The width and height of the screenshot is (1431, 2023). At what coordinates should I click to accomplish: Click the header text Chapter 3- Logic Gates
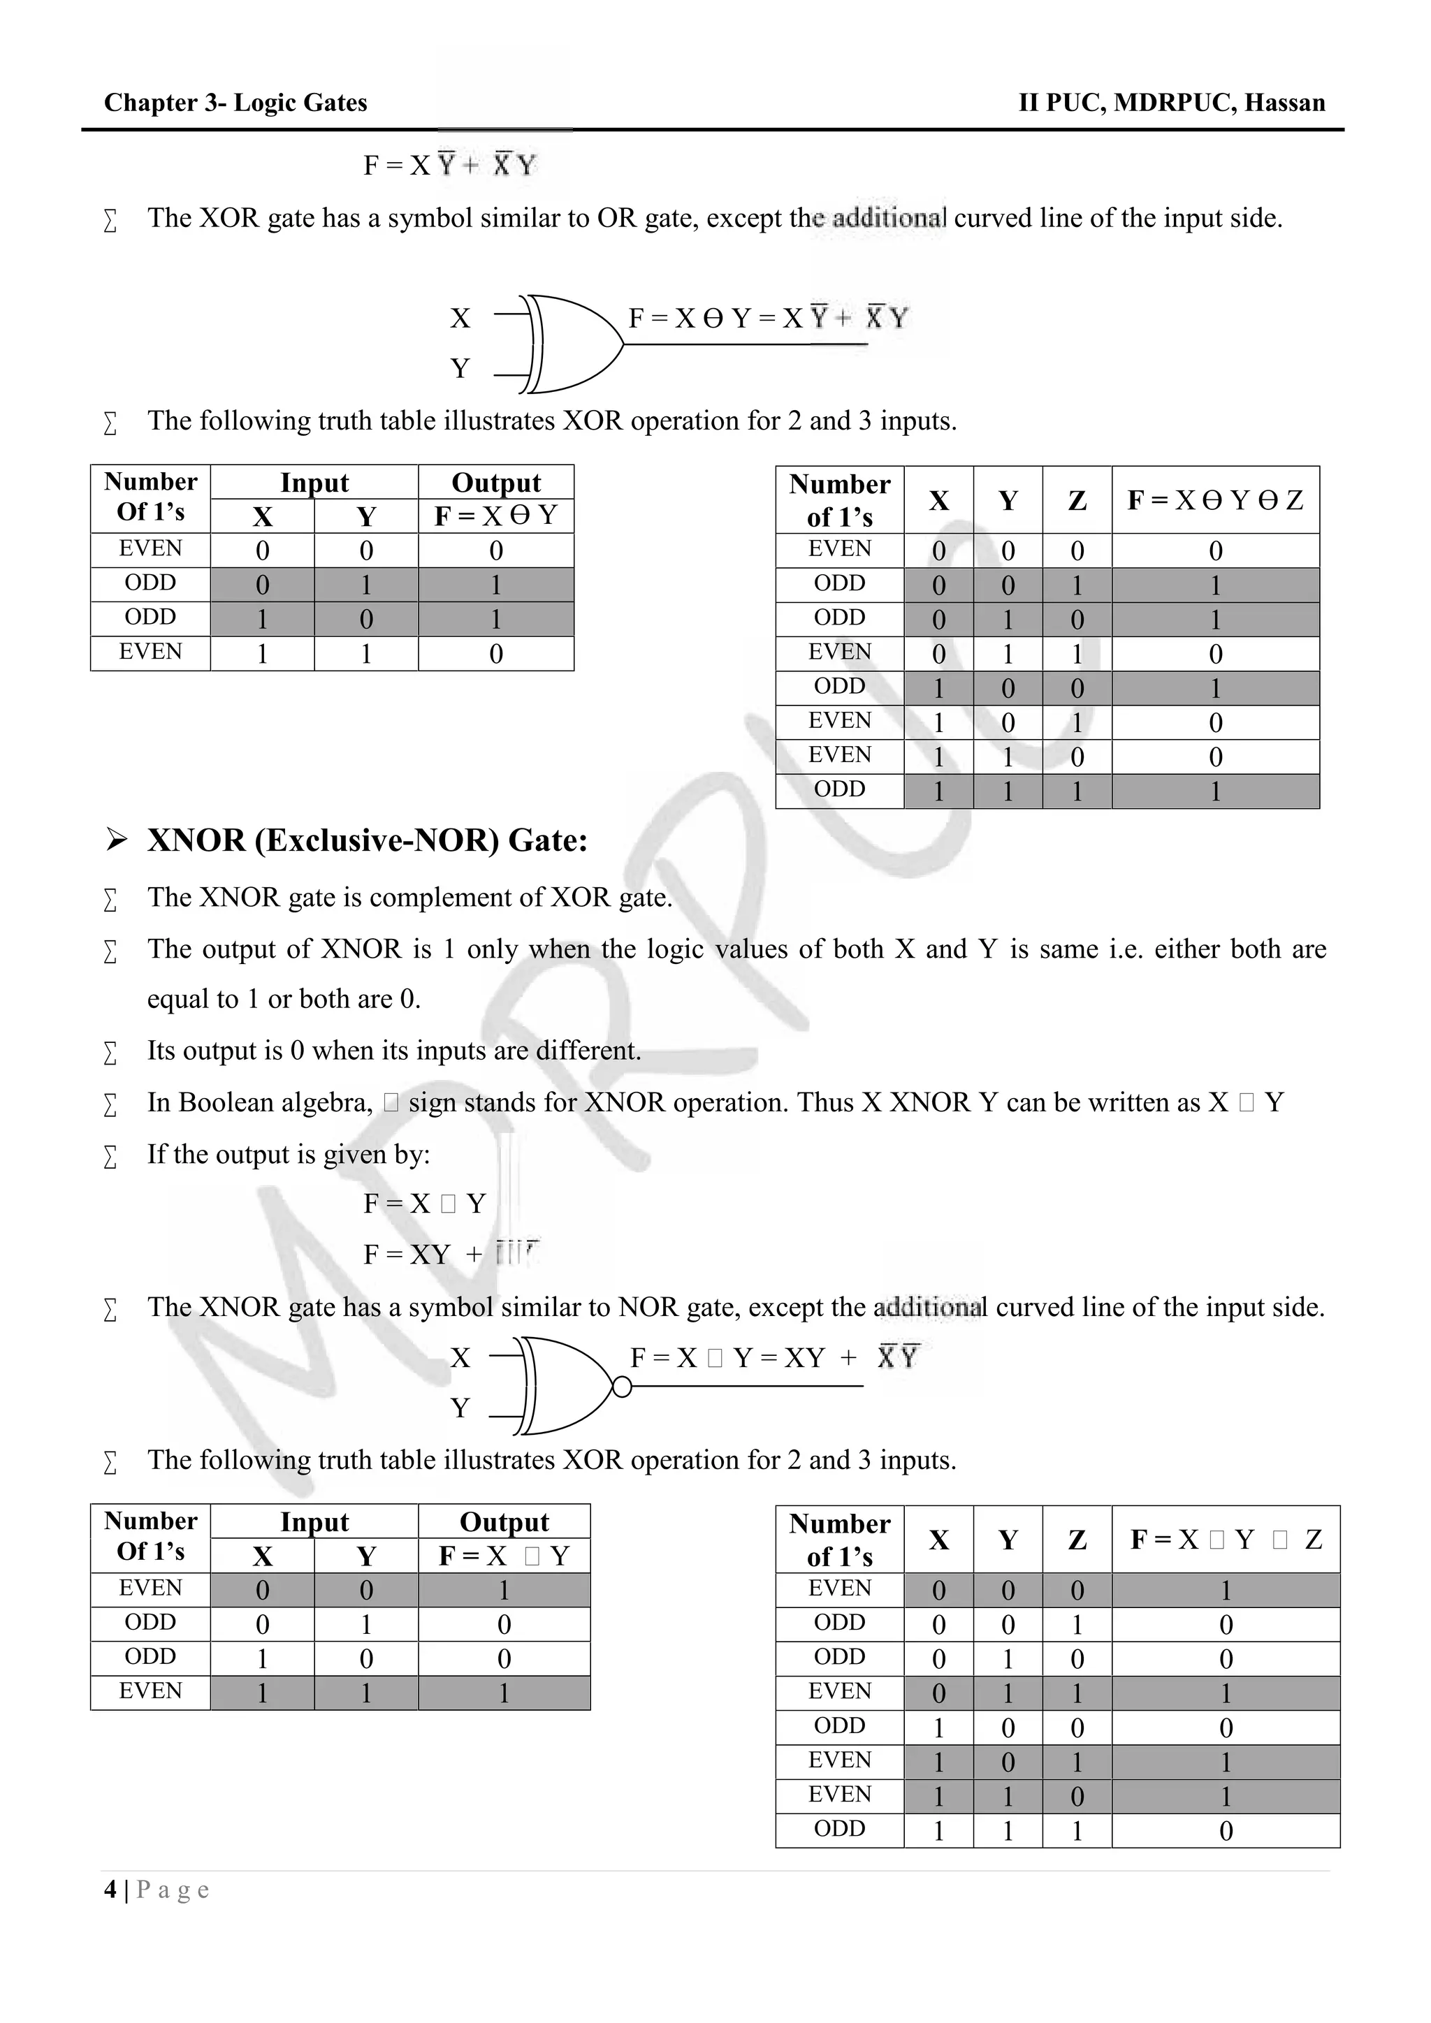[235, 103]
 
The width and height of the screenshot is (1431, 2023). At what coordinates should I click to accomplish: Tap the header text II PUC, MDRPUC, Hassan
[1171, 103]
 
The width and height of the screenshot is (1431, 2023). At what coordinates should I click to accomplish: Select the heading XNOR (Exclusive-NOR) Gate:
[367, 840]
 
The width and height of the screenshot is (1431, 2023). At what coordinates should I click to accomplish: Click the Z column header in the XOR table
[1076, 500]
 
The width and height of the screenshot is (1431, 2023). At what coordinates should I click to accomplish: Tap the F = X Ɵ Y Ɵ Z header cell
[1214, 500]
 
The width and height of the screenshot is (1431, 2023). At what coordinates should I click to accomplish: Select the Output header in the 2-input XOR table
[495, 482]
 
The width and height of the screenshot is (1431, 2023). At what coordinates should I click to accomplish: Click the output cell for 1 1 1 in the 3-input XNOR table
[1225, 1832]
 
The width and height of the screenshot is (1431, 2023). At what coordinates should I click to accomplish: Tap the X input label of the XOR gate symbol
[460, 318]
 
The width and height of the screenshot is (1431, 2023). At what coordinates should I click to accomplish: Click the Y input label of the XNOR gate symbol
[460, 1408]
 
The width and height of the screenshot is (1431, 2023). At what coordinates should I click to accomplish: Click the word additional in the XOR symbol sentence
[888, 218]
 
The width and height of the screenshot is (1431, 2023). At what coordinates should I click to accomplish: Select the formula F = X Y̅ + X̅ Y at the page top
[449, 166]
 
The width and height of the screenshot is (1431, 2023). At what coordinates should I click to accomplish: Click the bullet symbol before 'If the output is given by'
[110, 1156]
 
